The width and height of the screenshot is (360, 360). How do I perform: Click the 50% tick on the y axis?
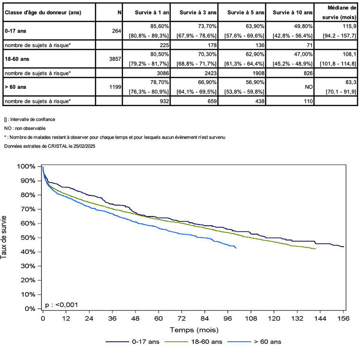27,238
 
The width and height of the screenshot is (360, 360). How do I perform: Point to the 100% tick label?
26,167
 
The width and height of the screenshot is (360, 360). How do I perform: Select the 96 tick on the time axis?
227,318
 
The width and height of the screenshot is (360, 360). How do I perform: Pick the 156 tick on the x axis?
343,318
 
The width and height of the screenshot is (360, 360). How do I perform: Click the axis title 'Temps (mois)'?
193,330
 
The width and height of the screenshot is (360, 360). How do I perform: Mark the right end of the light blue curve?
236,248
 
